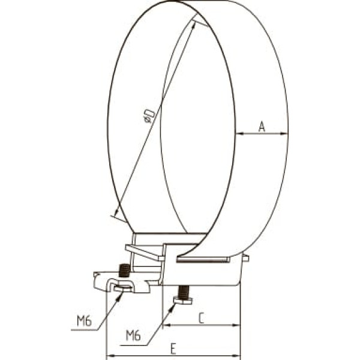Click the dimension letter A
[262, 127]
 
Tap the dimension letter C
[201, 318]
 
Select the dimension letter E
[173, 349]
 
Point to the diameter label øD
[149, 116]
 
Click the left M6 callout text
[84, 321]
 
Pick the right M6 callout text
[133, 335]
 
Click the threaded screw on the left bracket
[125, 271]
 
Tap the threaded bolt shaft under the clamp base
[184, 292]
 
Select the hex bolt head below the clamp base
[183, 301]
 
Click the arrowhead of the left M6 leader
[120, 295]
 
